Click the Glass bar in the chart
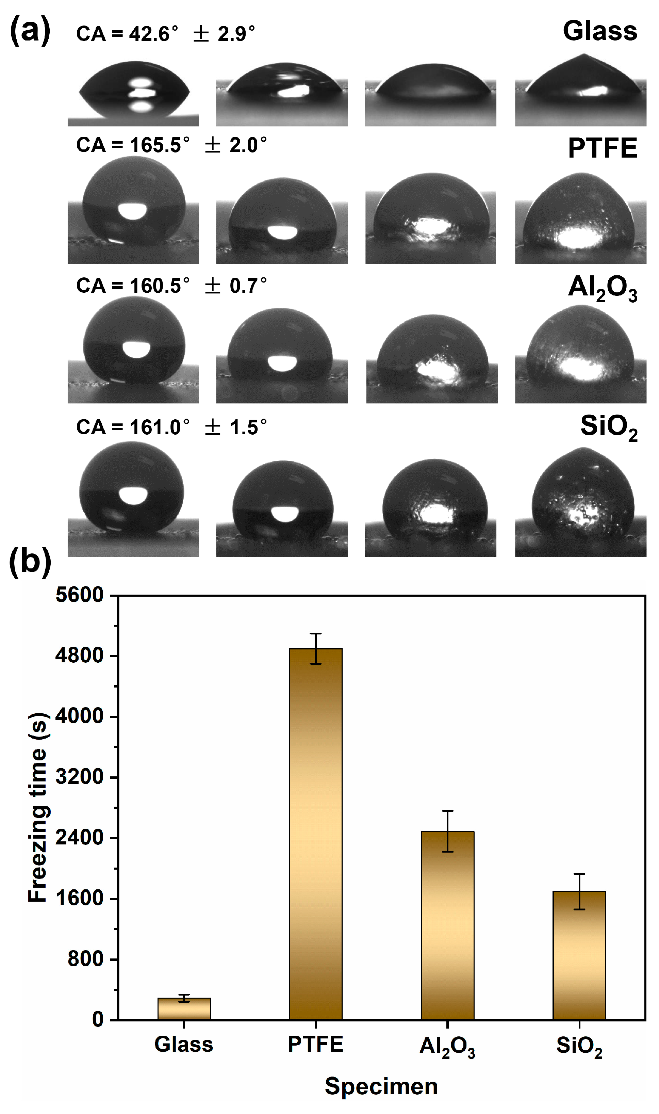click(x=184, y=1009)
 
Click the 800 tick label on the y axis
click(x=86, y=959)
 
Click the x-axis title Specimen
click(x=381, y=1086)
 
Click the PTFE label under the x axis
click(x=316, y=1044)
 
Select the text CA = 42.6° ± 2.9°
click(x=165, y=34)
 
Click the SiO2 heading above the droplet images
click(x=608, y=427)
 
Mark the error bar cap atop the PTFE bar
click(x=316, y=633)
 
